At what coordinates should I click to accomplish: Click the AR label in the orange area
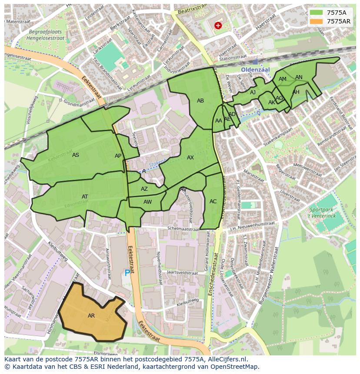pos(91,316)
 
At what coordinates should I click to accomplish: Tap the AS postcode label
pos(76,155)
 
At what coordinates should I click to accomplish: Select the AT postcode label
pos(85,197)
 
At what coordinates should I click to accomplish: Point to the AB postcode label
pos(200,101)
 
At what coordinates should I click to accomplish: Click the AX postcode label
pos(190,158)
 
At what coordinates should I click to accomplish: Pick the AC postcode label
pos(213,202)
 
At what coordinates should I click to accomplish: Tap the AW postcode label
pos(148,202)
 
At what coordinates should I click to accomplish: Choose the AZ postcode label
pos(144,189)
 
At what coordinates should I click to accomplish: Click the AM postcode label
pos(283,79)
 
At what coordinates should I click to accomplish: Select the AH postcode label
pos(296,92)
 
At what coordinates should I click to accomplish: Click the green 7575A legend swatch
pos(317,13)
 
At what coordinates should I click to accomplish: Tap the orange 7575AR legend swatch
pos(317,21)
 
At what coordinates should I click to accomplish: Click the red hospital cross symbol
pos(218,26)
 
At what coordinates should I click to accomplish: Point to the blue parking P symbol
pos(127,273)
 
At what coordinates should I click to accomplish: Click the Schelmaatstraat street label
pos(183,228)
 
